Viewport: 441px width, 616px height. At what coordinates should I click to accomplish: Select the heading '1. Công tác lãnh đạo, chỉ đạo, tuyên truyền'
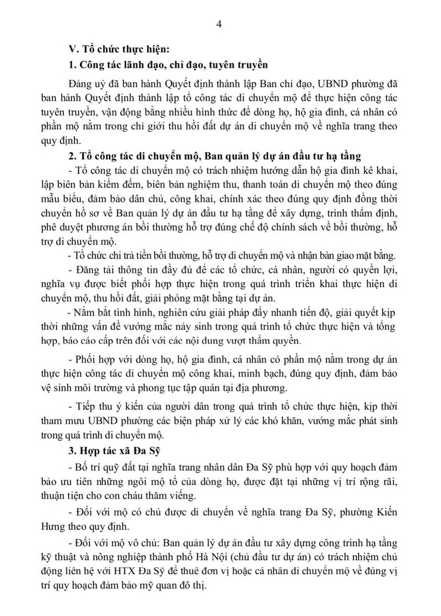(x=167, y=64)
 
